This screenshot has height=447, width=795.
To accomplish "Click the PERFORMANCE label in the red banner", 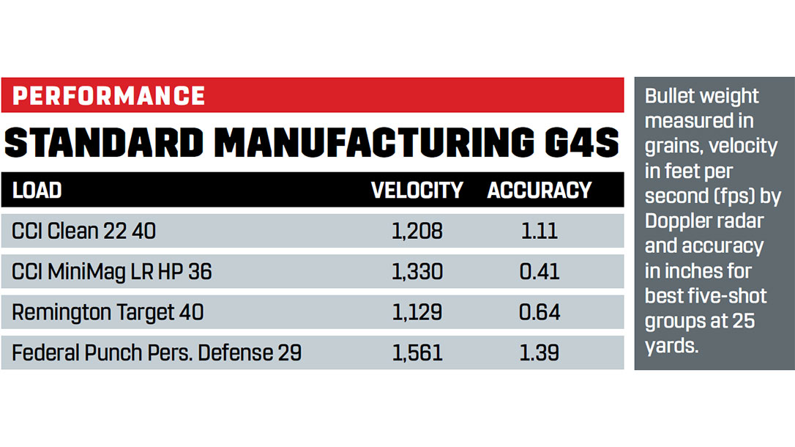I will click(109, 96).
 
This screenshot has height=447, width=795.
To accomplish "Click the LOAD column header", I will click(37, 191).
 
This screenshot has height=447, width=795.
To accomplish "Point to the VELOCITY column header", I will click(417, 191).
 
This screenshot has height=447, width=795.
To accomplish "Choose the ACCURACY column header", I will click(540, 191).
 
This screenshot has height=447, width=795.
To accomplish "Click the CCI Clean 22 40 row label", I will click(83, 232).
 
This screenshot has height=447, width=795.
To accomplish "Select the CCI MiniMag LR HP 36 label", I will click(111, 272).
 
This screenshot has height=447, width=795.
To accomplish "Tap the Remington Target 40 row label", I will click(108, 312).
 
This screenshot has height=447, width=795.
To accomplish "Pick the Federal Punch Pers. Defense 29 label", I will click(157, 353).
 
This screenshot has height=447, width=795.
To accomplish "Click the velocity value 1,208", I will click(417, 232).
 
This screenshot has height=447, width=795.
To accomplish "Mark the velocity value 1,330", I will click(417, 272).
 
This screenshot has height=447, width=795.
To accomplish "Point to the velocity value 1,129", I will click(417, 312).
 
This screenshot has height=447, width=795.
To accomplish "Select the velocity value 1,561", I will click(417, 353).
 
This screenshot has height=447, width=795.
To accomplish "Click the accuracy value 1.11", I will click(540, 232).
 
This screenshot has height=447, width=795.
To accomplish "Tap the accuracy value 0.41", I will click(540, 272).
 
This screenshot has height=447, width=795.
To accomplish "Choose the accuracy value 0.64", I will click(540, 312).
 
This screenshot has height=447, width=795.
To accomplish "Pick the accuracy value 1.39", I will click(540, 353).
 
